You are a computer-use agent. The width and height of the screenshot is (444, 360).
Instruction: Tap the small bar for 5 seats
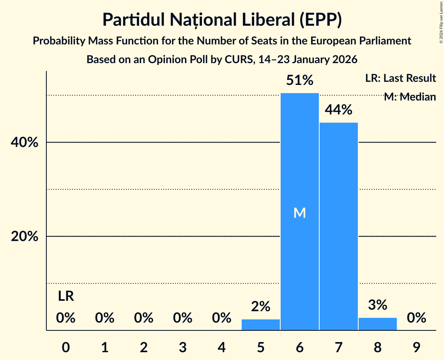260,325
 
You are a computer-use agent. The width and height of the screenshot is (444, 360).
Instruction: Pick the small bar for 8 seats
377,324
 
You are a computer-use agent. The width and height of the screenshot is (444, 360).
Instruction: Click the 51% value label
299,81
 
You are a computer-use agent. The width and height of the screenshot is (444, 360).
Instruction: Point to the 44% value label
338,110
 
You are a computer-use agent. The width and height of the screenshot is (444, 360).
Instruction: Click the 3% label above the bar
377,305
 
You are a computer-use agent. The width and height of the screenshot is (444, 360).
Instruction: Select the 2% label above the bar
260,307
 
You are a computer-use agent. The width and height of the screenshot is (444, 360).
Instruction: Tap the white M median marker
299,213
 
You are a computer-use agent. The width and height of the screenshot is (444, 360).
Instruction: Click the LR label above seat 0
66,296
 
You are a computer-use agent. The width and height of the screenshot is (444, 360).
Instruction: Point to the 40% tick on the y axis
24,143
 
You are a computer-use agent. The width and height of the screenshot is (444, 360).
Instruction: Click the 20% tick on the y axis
24,236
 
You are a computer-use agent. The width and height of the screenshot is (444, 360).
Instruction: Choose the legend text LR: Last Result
400,78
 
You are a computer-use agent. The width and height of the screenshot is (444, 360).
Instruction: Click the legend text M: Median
409,97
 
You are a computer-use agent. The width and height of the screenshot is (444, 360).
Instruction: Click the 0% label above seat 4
221,318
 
